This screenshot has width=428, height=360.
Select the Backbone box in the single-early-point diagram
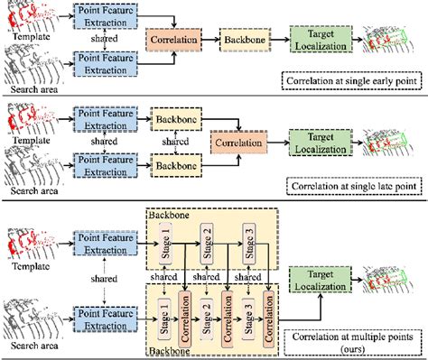(242, 42)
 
